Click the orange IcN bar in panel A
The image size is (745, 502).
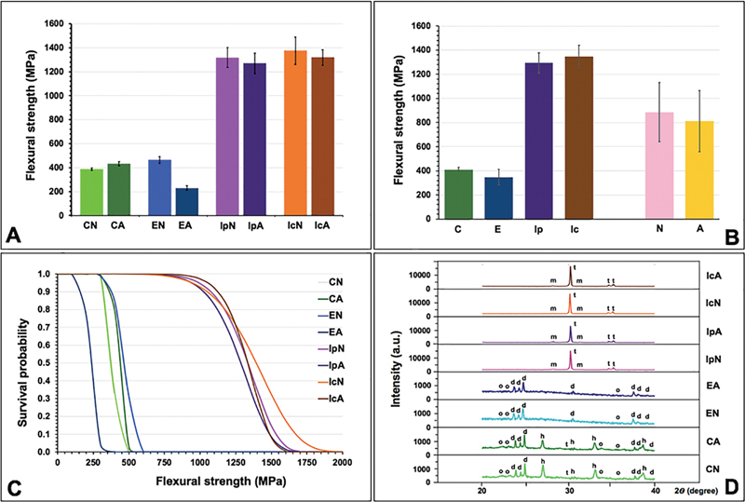click(295, 133)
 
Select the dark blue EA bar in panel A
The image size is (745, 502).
click(187, 202)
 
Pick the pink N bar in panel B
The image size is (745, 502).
click(659, 166)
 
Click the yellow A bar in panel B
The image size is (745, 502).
click(699, 170)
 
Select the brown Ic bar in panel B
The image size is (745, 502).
click(579, 138)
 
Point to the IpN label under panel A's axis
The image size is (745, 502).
click(227, 225)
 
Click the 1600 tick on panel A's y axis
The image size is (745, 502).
click(55, 23)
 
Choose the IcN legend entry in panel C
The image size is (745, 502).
click(335, 382)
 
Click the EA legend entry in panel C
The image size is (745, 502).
click(335, 332)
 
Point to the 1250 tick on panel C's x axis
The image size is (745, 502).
click(603, 463)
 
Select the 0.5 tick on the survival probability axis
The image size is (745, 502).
click(45, 363)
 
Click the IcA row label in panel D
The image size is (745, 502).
click(713, 276)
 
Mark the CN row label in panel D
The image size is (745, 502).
click(713, 469)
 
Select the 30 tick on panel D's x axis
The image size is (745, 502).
click(569, 489)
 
